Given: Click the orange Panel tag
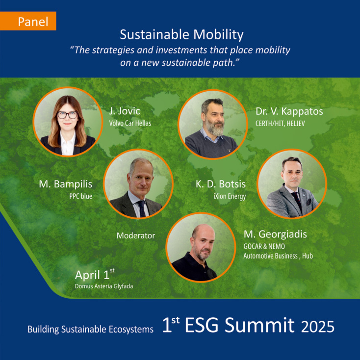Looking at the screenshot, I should tap(33, 22).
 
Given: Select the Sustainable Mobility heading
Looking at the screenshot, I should tap(181, 35).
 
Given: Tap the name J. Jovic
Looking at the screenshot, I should tap(125, 111).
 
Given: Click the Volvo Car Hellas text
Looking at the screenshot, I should tap(129, 123).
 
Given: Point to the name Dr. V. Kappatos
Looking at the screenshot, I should tap(289, 111).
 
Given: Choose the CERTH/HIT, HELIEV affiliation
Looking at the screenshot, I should tap(280, 123).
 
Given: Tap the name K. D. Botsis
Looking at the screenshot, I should tap(220, 184).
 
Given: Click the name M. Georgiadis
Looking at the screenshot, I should tap(275, 234).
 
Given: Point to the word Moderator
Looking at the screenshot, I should tap(136, 236).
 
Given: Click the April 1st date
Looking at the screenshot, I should tap(95, 274).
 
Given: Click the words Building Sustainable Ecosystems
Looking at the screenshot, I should tap(90, 329).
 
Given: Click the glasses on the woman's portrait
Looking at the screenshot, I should tap(67, 115).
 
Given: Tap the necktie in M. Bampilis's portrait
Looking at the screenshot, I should tap(141, 206).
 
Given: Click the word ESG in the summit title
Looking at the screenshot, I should tap(206, 325).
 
